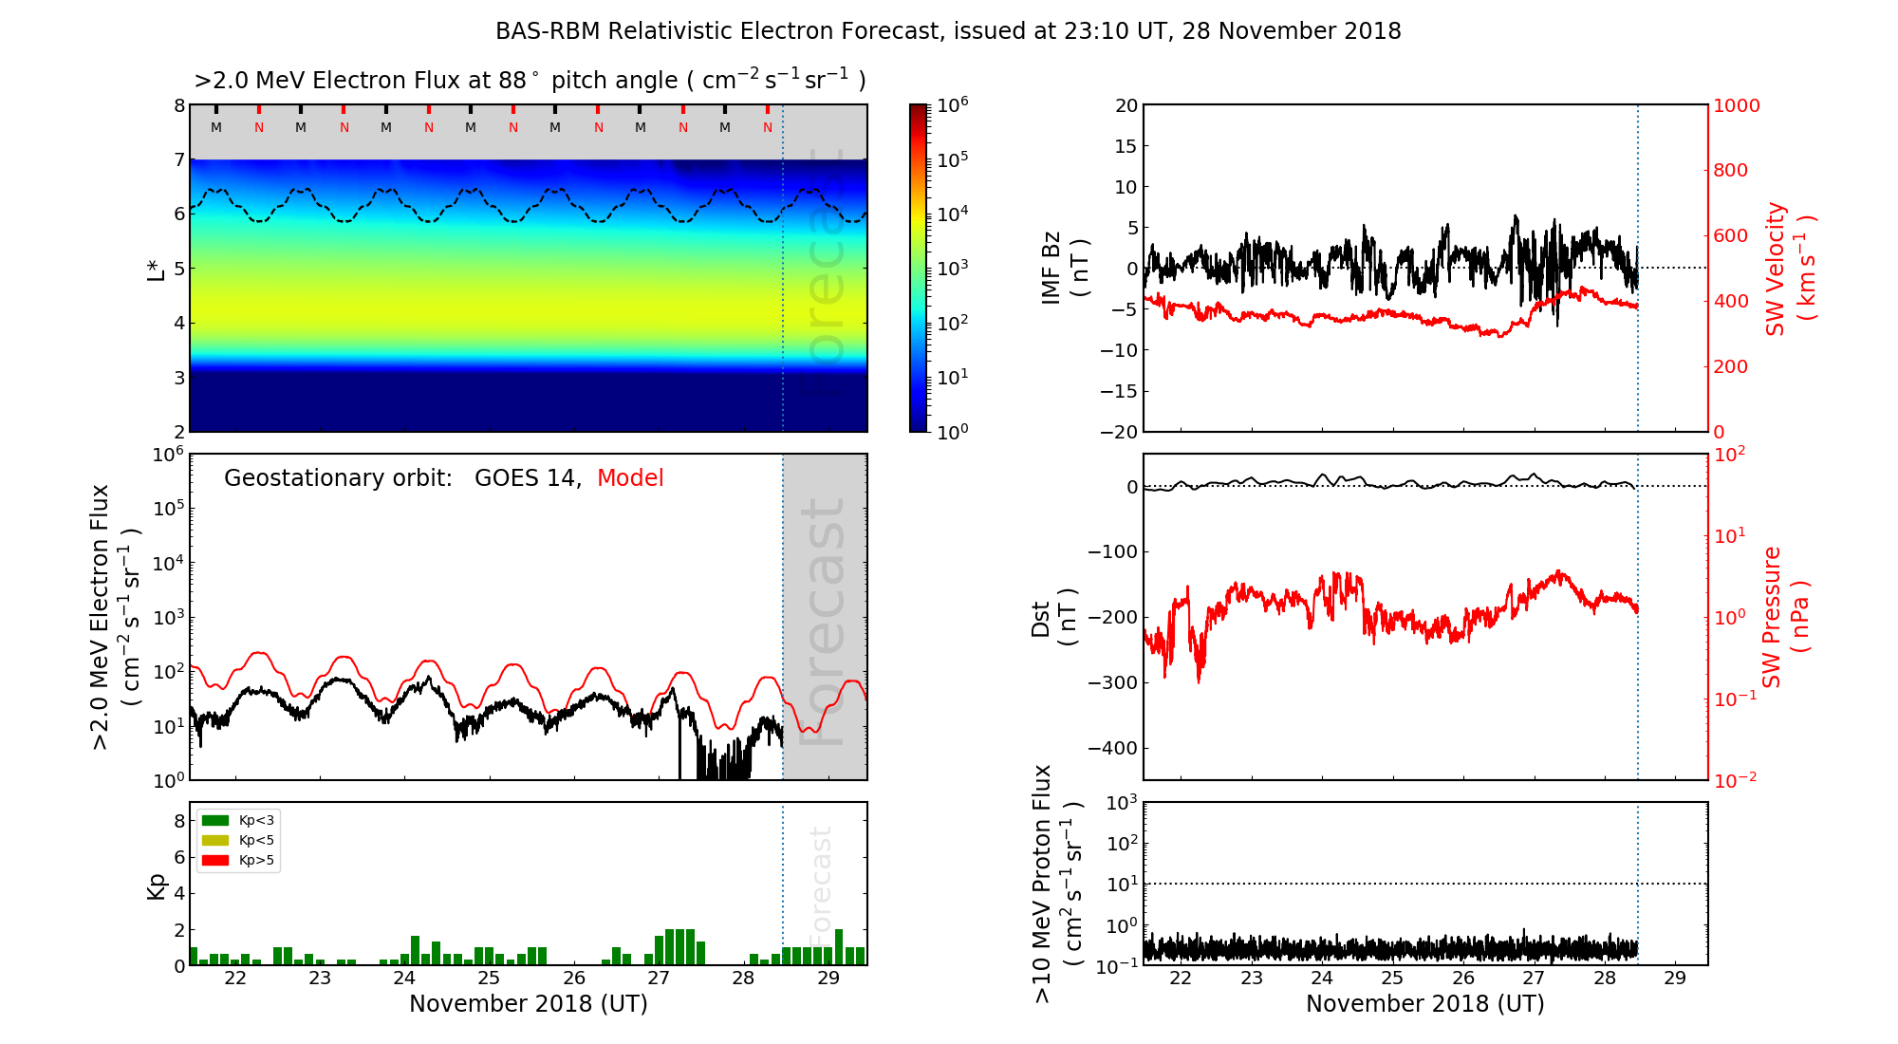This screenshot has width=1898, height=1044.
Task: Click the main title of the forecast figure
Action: click(948, 31)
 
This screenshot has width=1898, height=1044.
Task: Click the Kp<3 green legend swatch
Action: click(215, 820)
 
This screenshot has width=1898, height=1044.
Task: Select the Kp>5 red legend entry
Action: click(238, 861)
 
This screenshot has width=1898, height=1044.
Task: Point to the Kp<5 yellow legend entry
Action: click(238, 840)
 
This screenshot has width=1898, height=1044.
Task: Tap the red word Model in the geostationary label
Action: click(630, 478)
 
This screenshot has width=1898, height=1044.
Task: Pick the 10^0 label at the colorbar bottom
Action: click(952, 432)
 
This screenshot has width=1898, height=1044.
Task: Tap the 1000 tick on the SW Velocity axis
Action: click(1736, 106)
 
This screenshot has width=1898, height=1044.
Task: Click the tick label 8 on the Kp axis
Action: click(179, 821)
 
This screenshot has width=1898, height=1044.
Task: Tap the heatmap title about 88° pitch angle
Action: click(530, 81)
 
